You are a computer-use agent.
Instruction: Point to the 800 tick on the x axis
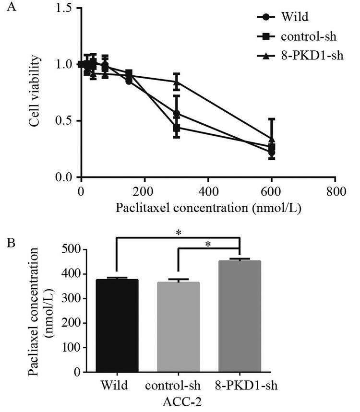click(335, 192)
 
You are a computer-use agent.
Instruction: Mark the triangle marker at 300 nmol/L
click(177, 82)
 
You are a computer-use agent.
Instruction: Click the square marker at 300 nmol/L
click(177, 128)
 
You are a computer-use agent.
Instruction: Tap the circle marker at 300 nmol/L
click(177, 114)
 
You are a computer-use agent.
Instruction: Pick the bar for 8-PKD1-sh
click(239, 316)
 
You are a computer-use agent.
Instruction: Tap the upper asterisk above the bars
click(178, 233)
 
